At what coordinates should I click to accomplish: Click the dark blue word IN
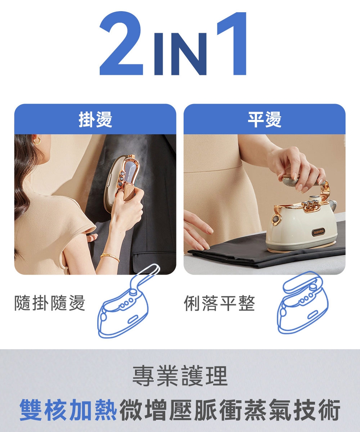click(180, 54)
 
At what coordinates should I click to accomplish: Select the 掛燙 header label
click(95, 119)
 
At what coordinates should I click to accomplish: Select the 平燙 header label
click(264, 119)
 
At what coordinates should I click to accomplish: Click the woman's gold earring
click(37, 140)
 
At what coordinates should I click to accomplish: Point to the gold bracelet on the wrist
click(109, 257)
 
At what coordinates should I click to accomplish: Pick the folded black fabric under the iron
click(252, 256)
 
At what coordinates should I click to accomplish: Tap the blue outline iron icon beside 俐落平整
click(302, 302)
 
